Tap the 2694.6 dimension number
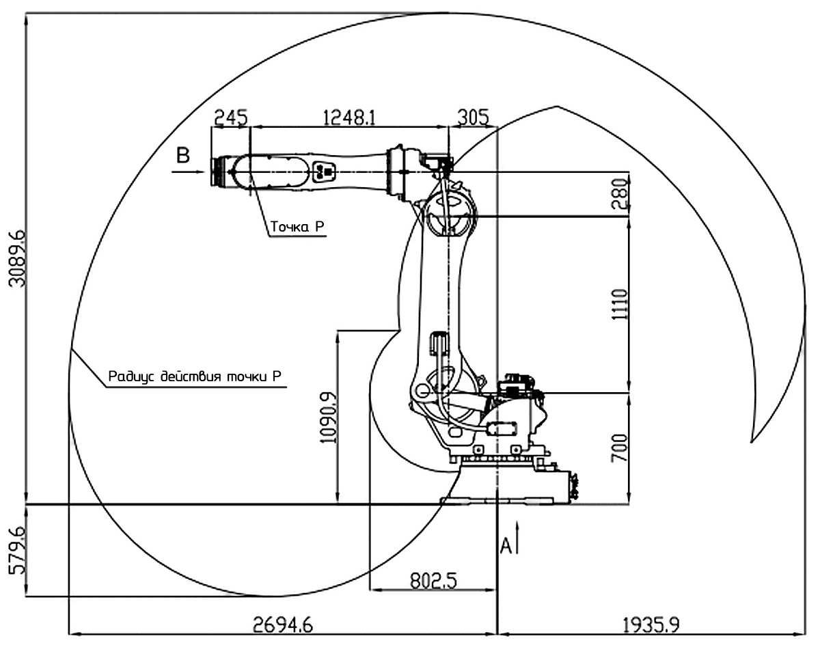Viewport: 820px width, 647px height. pos(283,625)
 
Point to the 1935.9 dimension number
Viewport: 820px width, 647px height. pos(651,625)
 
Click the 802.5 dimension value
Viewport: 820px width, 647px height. pos(433,581)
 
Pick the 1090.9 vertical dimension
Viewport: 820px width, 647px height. pos(329,417)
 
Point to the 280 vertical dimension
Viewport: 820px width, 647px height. pos(620,194)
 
